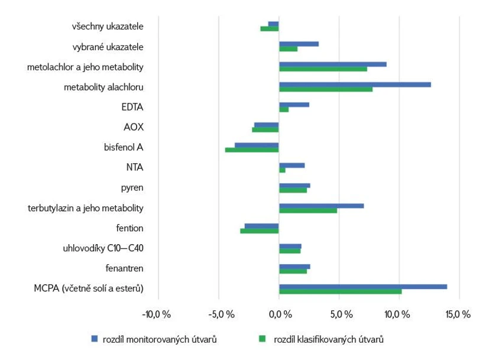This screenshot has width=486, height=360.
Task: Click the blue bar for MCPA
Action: pos(362,286)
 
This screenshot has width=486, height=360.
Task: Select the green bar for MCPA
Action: pos(340,291)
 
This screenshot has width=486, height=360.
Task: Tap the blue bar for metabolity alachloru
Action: pos(355,85)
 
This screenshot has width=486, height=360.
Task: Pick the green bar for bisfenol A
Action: pos(252,150)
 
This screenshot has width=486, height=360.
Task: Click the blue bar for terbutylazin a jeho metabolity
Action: pos(321,206)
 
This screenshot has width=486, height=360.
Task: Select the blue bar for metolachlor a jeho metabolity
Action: pos(332,64)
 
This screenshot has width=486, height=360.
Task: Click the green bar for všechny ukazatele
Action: pos(270,28)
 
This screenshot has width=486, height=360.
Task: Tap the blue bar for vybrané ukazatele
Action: pos(299,44)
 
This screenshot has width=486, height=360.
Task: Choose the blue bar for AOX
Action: pos(267,125)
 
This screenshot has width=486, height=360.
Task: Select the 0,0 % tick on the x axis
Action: pos(279,314)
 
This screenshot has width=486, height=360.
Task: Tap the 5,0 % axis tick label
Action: pos(339,314)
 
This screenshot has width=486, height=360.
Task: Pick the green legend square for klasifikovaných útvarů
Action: pos(262,339)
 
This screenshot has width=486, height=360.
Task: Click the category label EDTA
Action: pos(132,107)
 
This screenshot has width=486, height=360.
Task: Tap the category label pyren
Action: pos(132,187)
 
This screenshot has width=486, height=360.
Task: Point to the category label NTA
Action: pos(134,167)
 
